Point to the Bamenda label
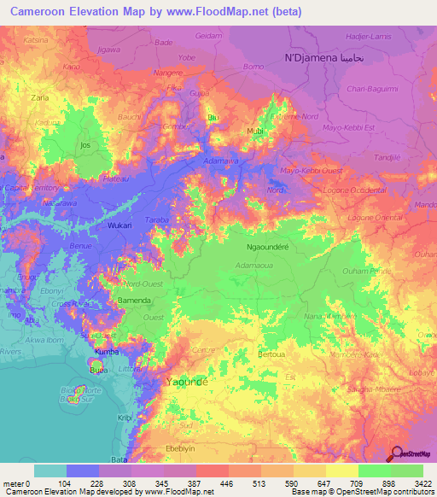135,301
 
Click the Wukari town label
119,225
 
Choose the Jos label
84,146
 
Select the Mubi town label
254,132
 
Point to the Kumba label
107,351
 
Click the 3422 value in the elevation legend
422,483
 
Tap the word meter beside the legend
14,483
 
